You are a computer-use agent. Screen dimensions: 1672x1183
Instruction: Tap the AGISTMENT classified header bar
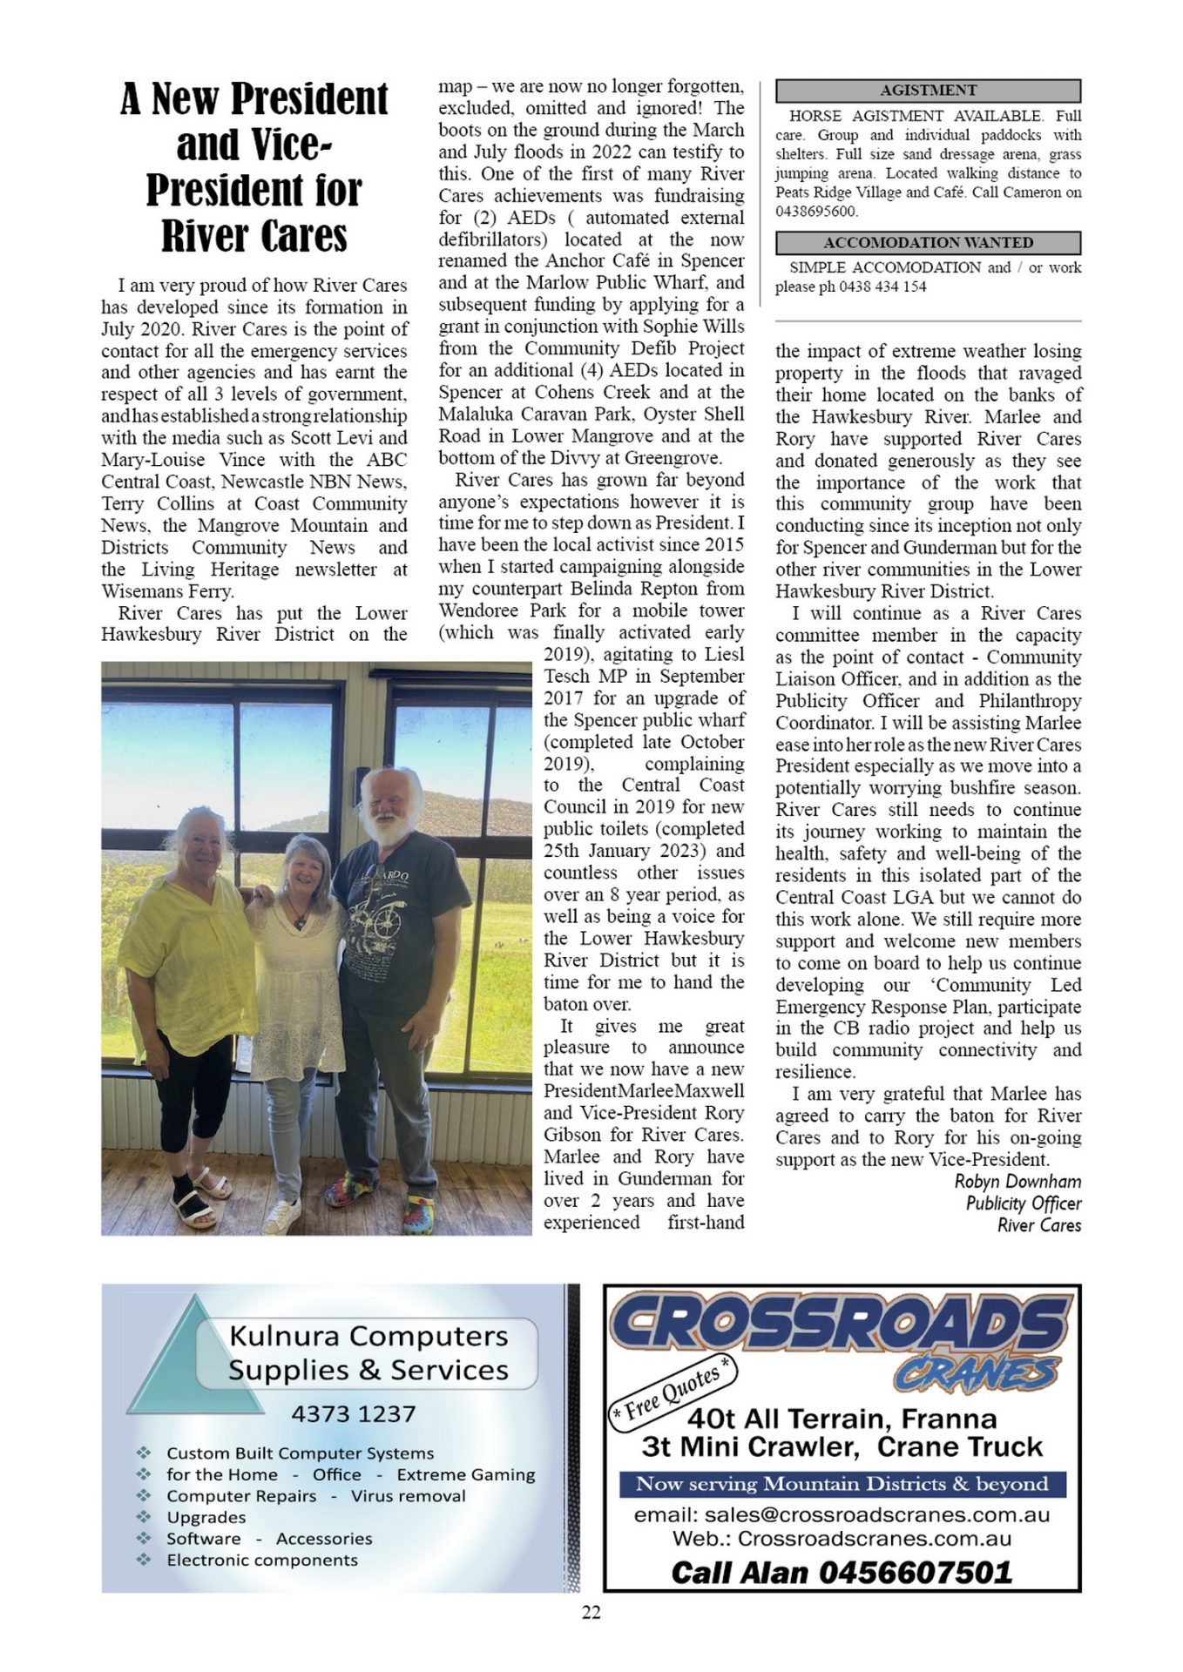(928, 91)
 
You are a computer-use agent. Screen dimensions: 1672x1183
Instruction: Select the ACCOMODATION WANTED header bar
(928, 243)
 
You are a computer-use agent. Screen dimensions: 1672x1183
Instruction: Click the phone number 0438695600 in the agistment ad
(816, 212)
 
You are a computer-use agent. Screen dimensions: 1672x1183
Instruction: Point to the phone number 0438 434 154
(882, 287)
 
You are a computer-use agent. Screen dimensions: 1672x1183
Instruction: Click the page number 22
(591, 1612)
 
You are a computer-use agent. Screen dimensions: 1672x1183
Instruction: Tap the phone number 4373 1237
(354, 1414)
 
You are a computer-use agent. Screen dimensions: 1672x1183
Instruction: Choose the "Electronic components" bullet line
(262, 1560)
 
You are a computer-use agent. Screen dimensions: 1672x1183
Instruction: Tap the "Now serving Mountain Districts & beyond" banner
(842, 1484)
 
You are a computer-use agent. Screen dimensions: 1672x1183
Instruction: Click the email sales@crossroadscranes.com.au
(842, 1515)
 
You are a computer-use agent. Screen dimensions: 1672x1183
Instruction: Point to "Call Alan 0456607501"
(842, 1572)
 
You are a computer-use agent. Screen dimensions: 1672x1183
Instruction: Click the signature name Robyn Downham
(1017, 1182)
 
